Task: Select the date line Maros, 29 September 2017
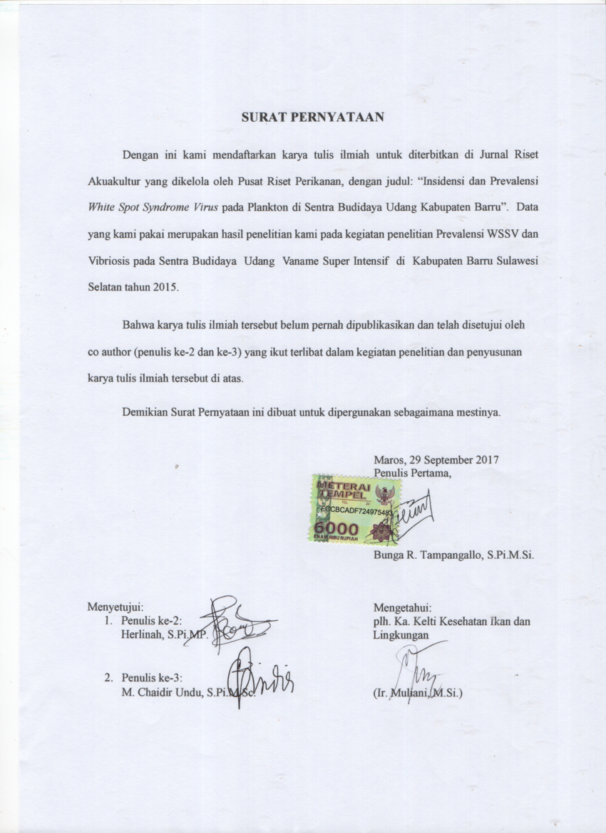(436, 459)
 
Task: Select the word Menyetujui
(115, 607)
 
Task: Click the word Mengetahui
(403, 607)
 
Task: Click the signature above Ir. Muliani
(418, 669)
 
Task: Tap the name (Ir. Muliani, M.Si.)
(418, 691)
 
